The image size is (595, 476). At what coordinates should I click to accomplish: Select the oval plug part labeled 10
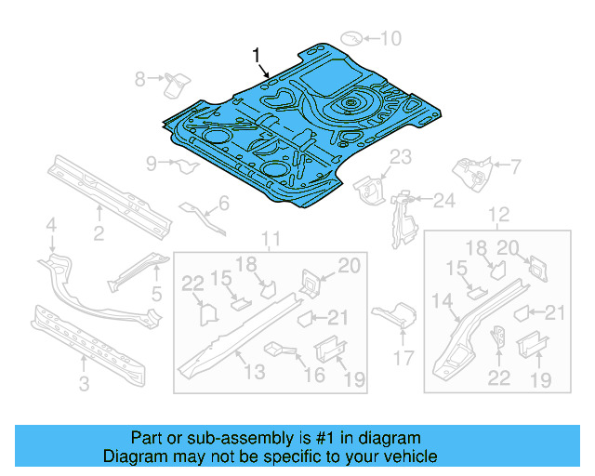(352, 38)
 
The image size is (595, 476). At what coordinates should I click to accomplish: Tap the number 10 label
(390, 38)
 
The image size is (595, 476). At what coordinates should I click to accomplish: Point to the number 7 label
(516, 167)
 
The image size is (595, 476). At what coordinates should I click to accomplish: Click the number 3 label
(85, 385)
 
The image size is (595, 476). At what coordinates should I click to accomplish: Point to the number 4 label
(52, 224)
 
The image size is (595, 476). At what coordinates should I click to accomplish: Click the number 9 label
(152, 165)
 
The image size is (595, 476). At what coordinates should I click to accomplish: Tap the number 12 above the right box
(499, 216)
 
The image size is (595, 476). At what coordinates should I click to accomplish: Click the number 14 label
(442, 299)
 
